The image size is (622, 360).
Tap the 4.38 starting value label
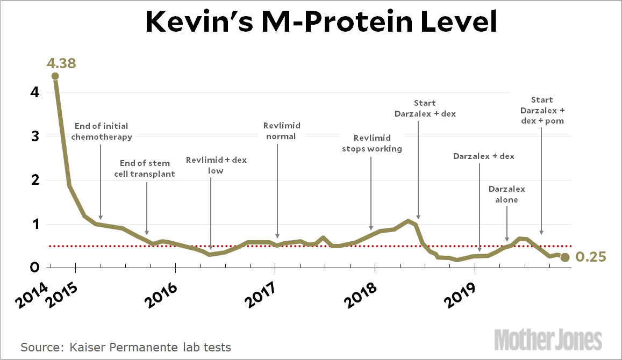point(61,63)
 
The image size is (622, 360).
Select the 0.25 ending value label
point(591,257)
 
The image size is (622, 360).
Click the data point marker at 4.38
point(55,76)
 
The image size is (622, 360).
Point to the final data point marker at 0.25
point(565,257)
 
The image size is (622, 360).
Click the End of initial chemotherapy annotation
point(101,131)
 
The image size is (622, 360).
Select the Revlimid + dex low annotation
point(216,165)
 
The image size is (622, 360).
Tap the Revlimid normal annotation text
point(282,131)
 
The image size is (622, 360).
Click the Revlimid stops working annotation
point(372,143)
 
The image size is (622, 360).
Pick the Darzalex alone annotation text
point(507,194)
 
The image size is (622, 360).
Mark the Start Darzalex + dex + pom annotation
point(542,110)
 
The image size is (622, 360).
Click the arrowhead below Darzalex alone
point(507,239)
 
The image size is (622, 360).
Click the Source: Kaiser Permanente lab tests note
point(126,347)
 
